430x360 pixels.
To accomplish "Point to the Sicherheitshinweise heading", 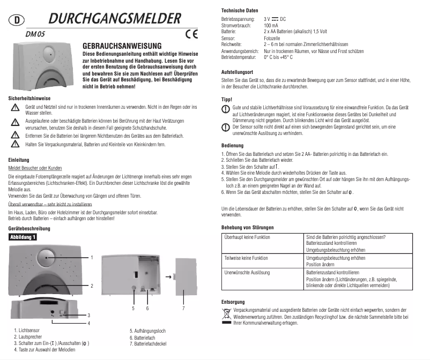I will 29,99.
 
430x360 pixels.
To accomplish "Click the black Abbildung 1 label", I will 22,236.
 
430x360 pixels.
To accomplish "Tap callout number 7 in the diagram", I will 183,309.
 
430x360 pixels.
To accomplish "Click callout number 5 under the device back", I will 133,309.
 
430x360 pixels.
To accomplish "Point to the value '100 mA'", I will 271,26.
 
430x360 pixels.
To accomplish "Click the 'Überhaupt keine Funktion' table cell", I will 247,237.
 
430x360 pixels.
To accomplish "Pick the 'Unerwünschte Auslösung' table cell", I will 247,273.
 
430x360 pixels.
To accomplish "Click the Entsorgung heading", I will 233,302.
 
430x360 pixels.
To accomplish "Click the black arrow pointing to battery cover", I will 168,277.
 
